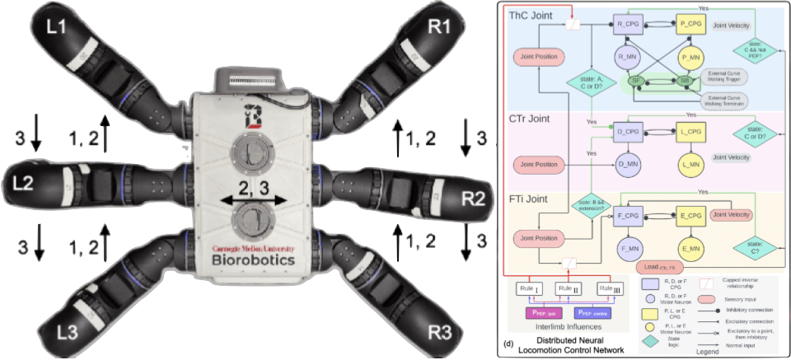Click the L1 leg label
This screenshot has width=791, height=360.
(56, 26)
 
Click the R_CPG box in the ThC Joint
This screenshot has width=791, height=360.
(628, 26)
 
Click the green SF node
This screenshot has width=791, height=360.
(636, 81)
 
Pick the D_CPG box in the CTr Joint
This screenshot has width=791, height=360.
(628, 132)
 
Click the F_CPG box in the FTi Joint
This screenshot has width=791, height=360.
(628, 216)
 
